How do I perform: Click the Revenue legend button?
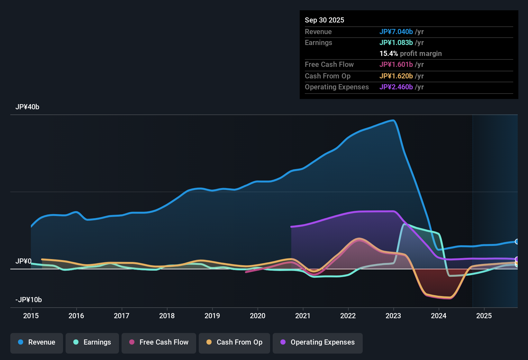37,342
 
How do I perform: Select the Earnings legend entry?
92,342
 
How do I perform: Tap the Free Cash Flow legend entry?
159,342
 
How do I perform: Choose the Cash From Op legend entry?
234,342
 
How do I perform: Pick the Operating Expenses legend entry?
318,342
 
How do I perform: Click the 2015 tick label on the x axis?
31,316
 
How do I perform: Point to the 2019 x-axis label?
212,316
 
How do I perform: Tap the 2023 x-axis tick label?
393,316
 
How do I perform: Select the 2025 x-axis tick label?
484,316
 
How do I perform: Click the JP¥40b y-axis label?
27,107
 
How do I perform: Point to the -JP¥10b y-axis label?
29,300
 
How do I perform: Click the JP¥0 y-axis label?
23,261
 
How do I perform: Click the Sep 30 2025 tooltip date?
324,20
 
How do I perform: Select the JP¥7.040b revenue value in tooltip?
396,32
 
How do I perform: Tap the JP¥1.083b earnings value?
396,42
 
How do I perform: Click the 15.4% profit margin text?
410,53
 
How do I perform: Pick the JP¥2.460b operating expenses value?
396,87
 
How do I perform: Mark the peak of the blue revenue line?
393,120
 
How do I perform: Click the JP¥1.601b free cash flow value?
396,64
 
